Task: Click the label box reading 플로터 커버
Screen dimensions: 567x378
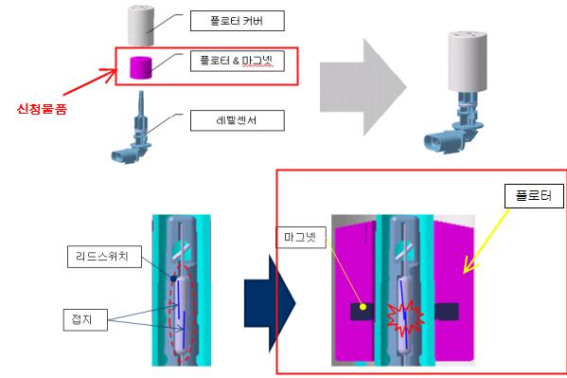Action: point(238,21)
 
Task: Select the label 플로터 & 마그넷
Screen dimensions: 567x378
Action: point(238,62)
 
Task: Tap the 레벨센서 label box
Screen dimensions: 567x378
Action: point(238,120)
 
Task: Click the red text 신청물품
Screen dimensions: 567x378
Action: point(42,109)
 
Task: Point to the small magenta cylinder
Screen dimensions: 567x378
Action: point(141,67)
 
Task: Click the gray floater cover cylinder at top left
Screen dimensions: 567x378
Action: point(141,26)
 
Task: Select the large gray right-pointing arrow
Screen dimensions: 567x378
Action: point(363,87)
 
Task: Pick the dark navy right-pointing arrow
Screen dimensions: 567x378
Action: point(270,303)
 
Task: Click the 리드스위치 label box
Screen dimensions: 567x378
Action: point(104,257)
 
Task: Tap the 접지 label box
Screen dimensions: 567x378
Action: point(85,319)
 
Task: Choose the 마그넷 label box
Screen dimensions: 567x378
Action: point(301,237)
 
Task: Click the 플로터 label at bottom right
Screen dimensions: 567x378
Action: point(534,196)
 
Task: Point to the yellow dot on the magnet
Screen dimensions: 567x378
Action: point(363,307)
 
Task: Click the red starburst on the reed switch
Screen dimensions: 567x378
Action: point(405,317)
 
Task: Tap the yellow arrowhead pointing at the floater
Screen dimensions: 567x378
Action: point(470,266)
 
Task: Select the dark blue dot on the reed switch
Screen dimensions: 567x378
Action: point(173,279)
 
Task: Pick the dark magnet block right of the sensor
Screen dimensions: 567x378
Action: point(447,312)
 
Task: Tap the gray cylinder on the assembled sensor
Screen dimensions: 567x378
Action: point(468,62)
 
